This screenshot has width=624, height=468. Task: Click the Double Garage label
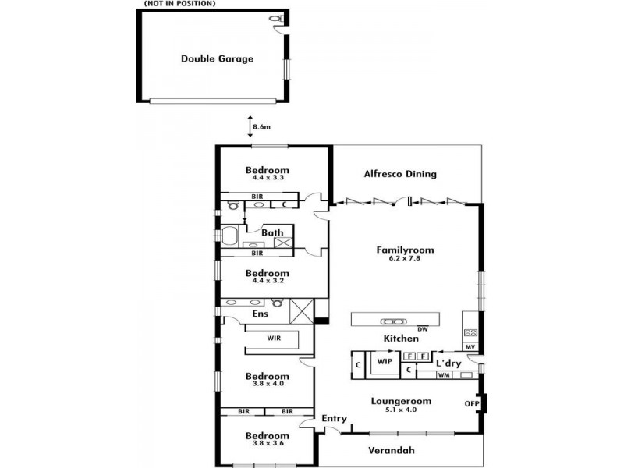(x=218, y=59)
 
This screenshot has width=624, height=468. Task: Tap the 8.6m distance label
(x=261, y=127)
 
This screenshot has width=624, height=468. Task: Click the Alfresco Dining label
(x=400, y=174)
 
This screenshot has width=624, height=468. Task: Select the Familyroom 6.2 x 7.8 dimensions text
(x=405, y=258)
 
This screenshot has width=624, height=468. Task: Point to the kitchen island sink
(x=393, y=321)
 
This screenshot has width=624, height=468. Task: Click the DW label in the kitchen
(x=423, y=329)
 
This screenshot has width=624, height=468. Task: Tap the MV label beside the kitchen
(x=470, y=347)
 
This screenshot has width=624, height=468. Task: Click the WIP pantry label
(x=385, y=362)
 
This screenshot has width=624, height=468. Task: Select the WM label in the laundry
(x=444, y=375)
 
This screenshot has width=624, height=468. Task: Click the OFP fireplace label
(x=472, y=403)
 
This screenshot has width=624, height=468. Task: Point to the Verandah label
(x=392, y=451)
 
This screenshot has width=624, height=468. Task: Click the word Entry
(x=335, y=419)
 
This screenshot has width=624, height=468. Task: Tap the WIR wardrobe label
(x=274, y=338)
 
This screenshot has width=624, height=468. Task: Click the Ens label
(x=261, y=314)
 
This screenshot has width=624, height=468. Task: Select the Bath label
(x=272, y=232)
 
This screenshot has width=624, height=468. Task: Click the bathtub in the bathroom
(x=229, y=236)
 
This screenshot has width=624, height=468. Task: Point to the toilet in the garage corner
(x=275, y=18)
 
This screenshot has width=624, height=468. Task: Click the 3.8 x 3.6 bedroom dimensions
(x=268, y=443)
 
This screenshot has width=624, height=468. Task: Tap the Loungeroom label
(x=401, y=401)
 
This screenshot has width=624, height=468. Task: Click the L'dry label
(x=449, y=363)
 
